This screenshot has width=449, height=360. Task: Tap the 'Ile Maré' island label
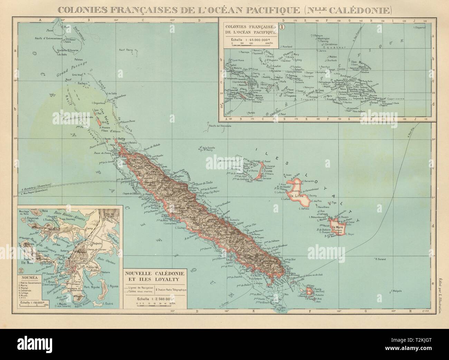click(337, 227)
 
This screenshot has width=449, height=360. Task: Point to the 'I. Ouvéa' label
click(268, 171)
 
